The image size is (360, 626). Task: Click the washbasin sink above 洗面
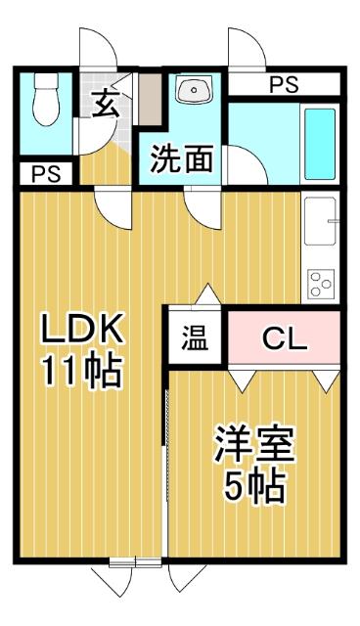193,92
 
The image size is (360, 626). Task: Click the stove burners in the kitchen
320,283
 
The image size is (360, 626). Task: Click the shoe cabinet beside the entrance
148,99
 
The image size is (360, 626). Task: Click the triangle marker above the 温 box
206,294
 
